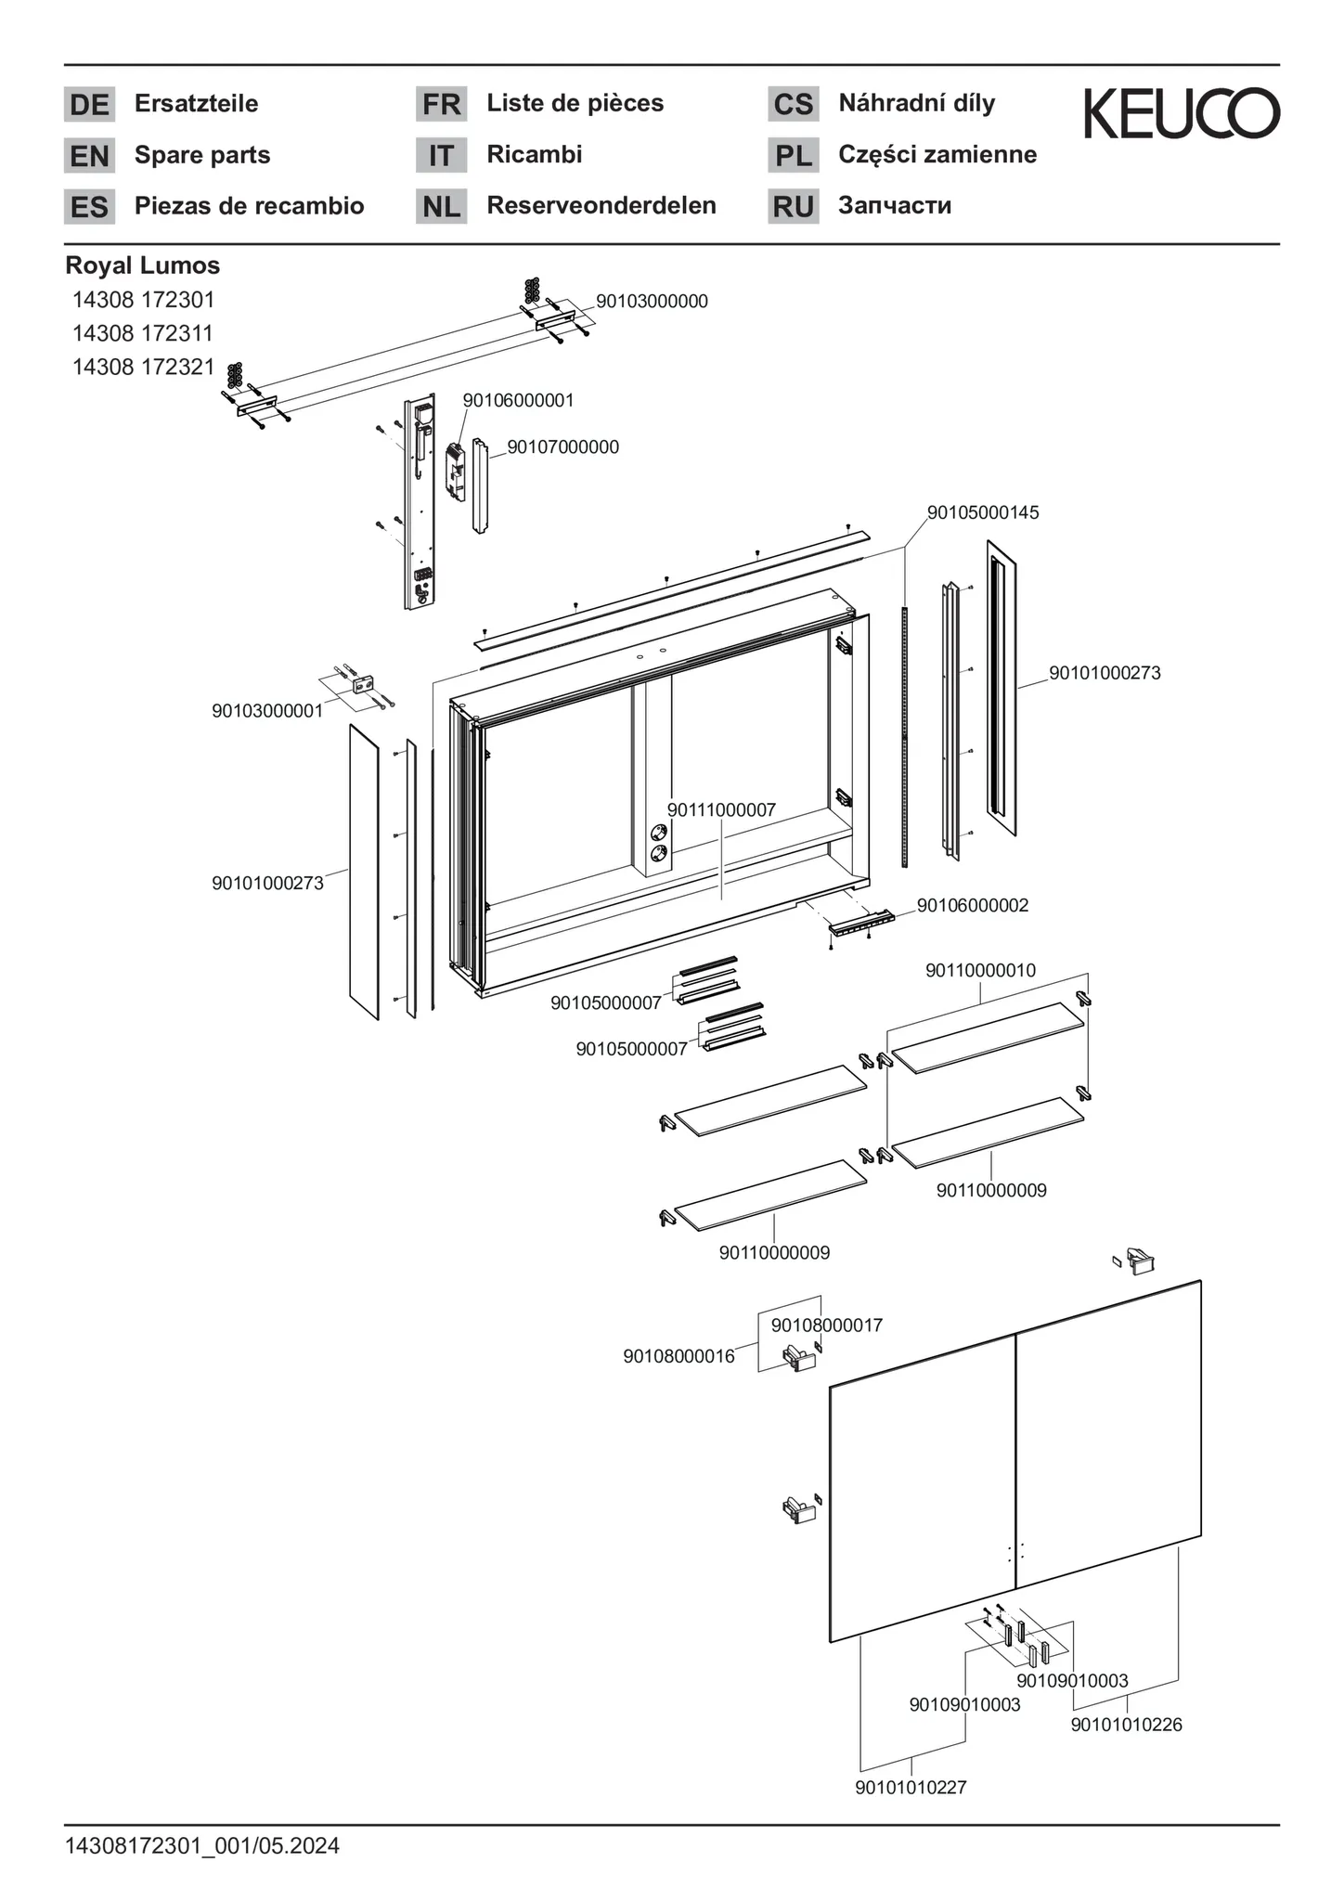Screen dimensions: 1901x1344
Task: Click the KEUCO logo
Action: click(x=1182, y=113)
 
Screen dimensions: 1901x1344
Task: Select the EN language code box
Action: click(x=89, y=156)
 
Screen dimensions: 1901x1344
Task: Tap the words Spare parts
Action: click(x=202, y=155)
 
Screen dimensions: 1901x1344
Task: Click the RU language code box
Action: click(x=793, y=207)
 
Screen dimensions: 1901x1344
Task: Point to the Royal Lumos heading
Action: click(x=143, y=265)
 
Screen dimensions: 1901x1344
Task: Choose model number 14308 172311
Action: click(x=144, y=333)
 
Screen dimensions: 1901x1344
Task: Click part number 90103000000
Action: click(x=652, y=301)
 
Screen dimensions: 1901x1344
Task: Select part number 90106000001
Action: click(x=518, y=400)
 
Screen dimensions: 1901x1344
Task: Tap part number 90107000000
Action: click(x=562, y=447)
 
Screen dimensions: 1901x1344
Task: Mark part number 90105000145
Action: click(x=983, y=512)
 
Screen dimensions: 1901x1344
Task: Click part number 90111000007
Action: click(x=721, y=810)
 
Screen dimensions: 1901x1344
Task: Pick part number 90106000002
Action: click(x=973, y=905)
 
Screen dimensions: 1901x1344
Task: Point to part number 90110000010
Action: click(x=980, y=971)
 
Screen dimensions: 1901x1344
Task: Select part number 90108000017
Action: click(x=827, y=1326)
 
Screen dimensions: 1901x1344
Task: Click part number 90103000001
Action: click(x=267, y=711)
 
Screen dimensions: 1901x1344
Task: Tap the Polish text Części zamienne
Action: click(x=937, y=155)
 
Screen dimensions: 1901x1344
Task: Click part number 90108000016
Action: click(x=678, y=1356)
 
